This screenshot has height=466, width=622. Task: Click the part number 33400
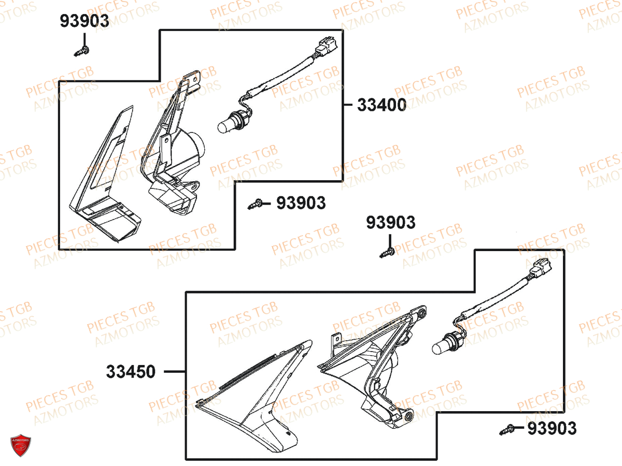(381, 106)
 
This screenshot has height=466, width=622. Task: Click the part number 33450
(131, 372)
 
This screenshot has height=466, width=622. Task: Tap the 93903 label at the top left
(84, 21)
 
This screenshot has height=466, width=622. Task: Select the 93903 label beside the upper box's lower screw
(301, 203)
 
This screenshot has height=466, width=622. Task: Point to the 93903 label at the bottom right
(552, 429)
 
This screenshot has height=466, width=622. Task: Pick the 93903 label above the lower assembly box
(391, 223)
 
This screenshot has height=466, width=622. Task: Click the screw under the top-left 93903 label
(82, 51)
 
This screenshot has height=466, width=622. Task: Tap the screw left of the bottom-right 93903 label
(507, 429)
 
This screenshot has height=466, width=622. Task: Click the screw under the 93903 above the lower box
(387, 253)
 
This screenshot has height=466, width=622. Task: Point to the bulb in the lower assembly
(442, 345)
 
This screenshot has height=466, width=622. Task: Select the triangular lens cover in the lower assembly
(254, 394)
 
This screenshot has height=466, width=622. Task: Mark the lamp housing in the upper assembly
(176, 155)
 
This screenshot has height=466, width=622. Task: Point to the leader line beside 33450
(175, 372)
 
